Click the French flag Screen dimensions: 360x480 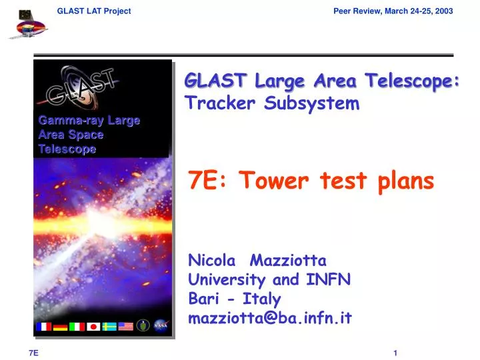[x=45, y=327]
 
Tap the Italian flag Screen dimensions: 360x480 [x=77, y=327]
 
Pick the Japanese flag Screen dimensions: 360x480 [x=94, y=327]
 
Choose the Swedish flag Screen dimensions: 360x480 [x=110, y=327]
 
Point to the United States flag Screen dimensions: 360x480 [x=126, y=327]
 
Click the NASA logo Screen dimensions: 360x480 [x=161, y=326]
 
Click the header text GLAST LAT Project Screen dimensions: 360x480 [x=94, y=11]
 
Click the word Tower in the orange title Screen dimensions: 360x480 [x=267, y=179]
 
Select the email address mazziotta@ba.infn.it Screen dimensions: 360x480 [x=270, y=318]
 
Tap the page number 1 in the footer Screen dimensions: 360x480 [x=395, y=353]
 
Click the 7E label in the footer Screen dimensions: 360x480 [x=33, y=353]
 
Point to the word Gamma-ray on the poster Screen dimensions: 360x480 [x=62, y=121]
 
